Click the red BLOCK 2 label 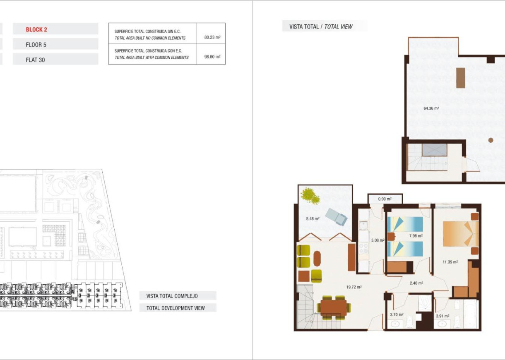36,29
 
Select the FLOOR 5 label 37,45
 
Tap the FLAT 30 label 35,60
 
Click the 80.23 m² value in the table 212,37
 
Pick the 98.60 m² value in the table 212,57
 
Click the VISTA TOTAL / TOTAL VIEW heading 321,26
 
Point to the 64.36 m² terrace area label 431,108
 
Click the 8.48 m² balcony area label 313,218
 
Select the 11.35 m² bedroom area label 450,262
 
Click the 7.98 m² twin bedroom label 416,236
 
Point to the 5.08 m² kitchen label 378,240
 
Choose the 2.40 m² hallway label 416,283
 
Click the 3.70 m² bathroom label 397,315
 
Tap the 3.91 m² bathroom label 442,316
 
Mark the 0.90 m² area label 385,199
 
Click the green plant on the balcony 311,196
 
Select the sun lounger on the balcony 336,216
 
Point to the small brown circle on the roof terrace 491,140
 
